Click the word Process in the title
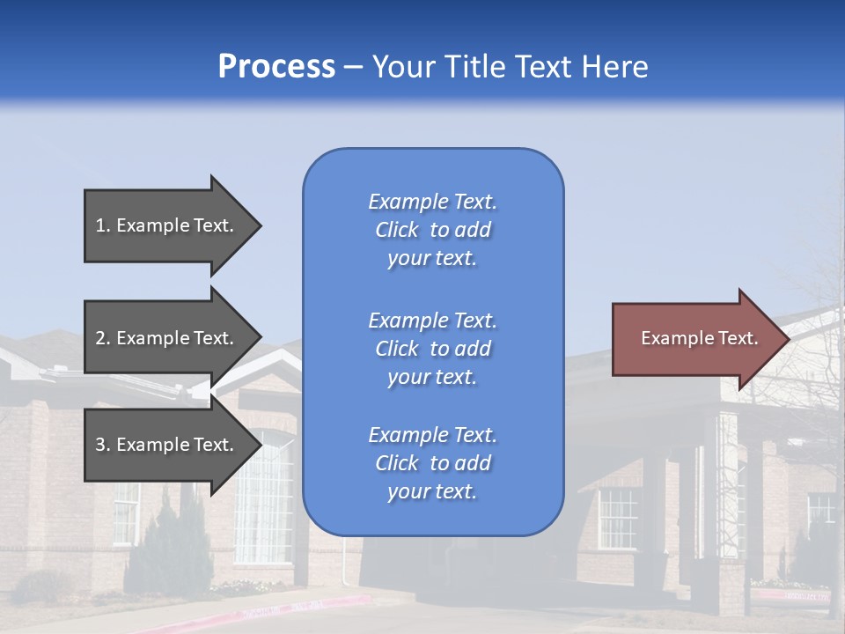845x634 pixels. (x=276, y=67)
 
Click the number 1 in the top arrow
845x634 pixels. (x=101, y=225)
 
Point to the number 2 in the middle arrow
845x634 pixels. (x=101, y=338)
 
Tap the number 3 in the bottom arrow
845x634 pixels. (x=101, y=445)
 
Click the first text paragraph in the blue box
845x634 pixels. (x=432, y=230)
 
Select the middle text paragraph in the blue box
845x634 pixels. (x=432, y=349)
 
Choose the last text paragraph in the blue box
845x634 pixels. (x=432, y=463)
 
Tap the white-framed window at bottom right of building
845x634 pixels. (x=617, y=518)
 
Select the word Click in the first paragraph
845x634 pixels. (x=397, y=230)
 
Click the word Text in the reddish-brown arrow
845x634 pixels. (x=738, y=338)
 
